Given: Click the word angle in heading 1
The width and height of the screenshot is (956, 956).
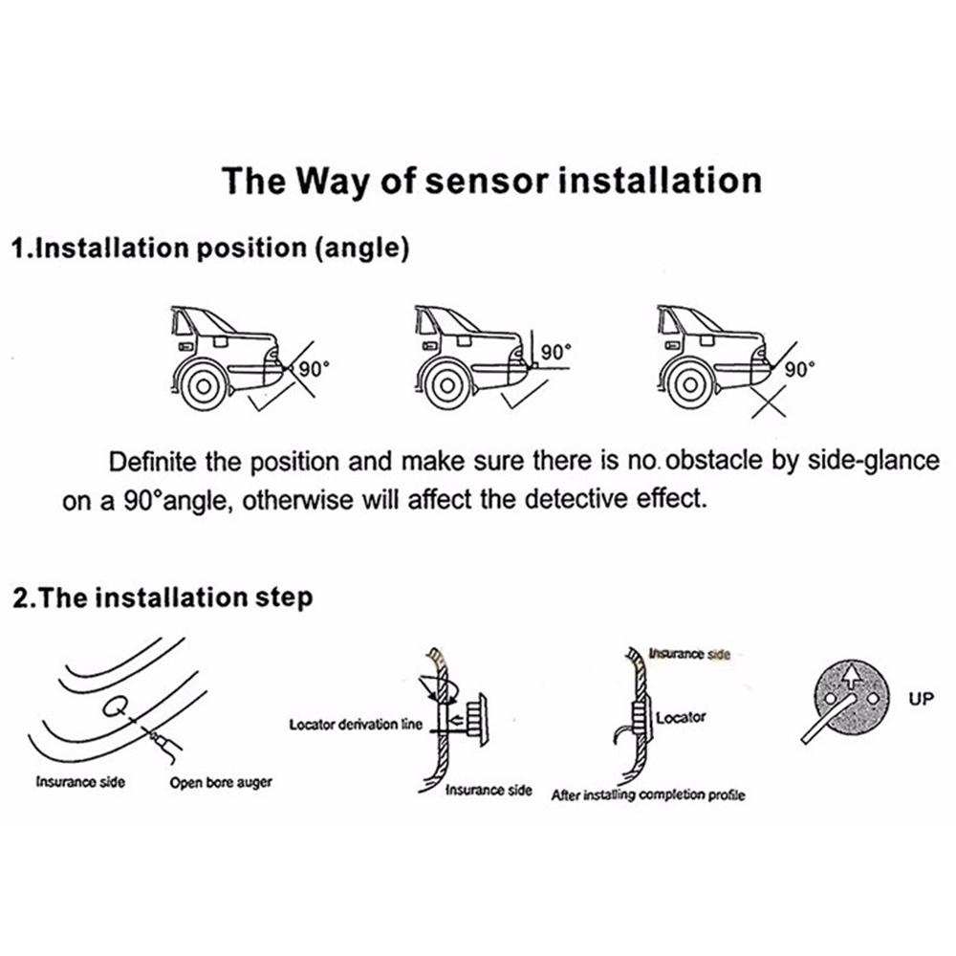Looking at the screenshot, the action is pyautogui.click(x=359, y=250).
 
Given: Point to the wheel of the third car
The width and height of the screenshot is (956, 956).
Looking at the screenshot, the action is pyautogui.click(x=686, y=385).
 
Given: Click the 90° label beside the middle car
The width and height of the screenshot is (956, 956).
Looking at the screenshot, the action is pyautogui.click(x=555, y=352).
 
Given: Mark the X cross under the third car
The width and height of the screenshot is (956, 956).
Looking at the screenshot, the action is pyautogui.click(x=771, y=405).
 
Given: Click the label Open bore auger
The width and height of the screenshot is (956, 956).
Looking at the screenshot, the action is pyautogui.click(x=221, y=782).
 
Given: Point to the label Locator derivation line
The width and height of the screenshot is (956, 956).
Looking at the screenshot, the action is pyautogui.click(x=355, y=725).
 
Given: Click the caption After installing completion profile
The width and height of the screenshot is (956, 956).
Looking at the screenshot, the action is pyautogui.click(x=648, y=795).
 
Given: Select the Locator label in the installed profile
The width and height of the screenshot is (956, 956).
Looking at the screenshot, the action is pyautogui.click(x=681, y=716).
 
